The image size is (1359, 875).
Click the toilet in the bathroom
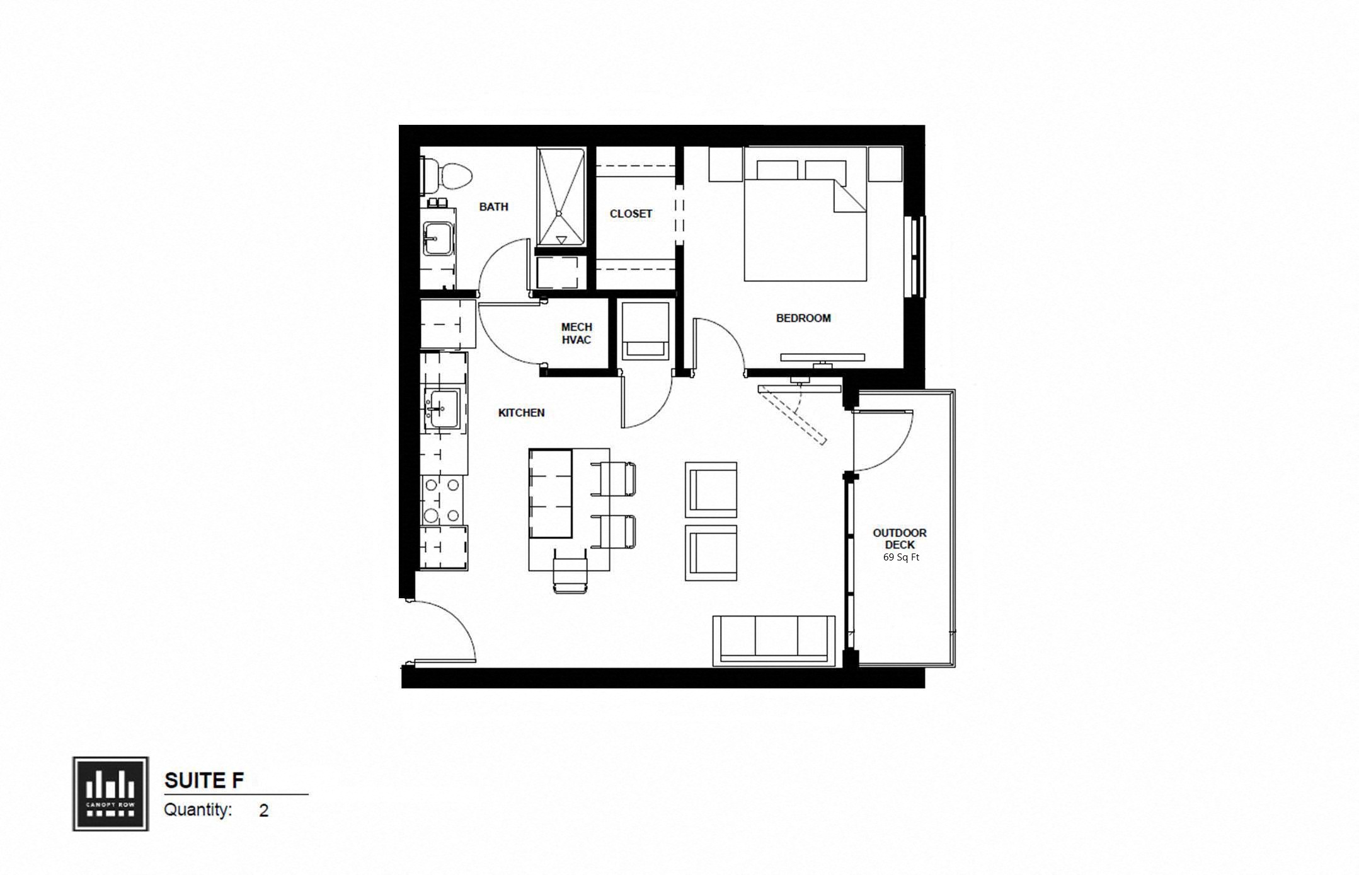(448, 175)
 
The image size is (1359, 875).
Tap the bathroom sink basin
(437, 238)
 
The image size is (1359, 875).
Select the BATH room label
(493, 207)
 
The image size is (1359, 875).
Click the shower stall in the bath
(560, 197)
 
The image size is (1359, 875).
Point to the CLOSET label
(631, 214)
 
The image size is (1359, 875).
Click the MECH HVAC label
(576, 333)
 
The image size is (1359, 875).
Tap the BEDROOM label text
(803, 318)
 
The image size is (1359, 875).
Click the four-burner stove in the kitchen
(442, 501)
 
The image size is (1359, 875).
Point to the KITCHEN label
(521, 413)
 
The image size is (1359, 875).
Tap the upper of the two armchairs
(711, 489)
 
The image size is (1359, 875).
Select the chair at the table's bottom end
(570, 571)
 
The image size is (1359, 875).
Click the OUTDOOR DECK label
(899, 538)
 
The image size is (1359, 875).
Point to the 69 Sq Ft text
(901, 557)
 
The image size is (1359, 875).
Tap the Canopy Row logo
(111, 794)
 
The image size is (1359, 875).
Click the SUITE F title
(204, 780)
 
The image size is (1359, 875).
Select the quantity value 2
(263, 810)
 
